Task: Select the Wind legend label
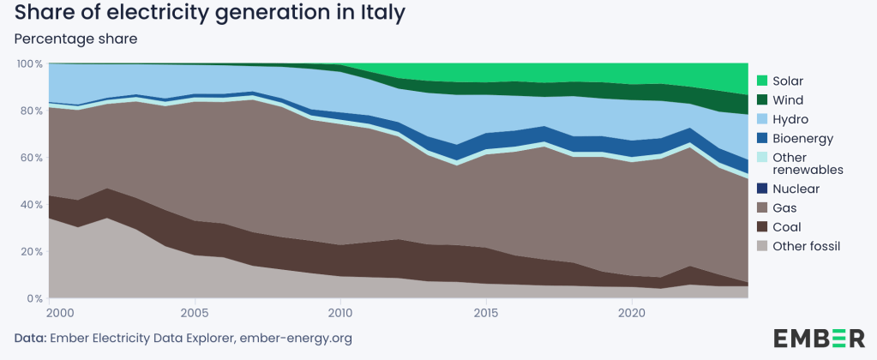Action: [x=789, y=100]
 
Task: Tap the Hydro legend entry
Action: [x=790, y=119]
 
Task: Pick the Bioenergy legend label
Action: [x=802, y=138]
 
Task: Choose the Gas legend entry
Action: [x=786, y=207]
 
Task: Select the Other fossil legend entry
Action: [x=807, y=246]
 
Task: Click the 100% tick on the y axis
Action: [x=30, y=64]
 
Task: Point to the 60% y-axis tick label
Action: [x=32, y=158]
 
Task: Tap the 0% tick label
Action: [x=35, y=298]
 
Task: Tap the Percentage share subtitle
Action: [x=76, y=39]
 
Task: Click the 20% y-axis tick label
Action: [x=32, y=251]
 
